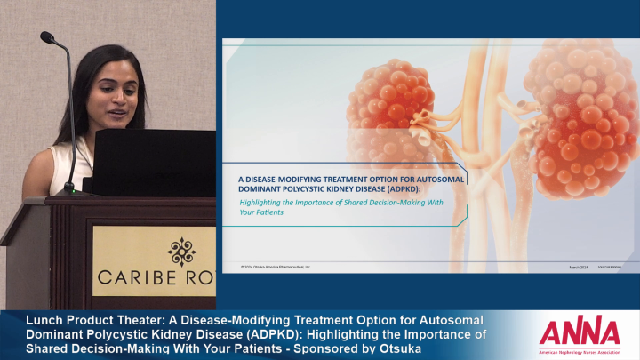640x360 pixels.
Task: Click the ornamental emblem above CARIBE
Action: pos(180,252)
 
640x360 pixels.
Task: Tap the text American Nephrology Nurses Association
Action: pos(580,349)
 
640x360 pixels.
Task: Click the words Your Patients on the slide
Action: pos(260,212)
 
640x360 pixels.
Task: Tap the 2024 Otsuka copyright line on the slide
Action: pos(276,266)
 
